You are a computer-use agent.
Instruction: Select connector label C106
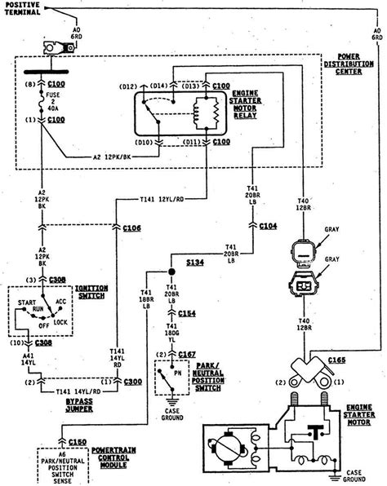tap(131, 228)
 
